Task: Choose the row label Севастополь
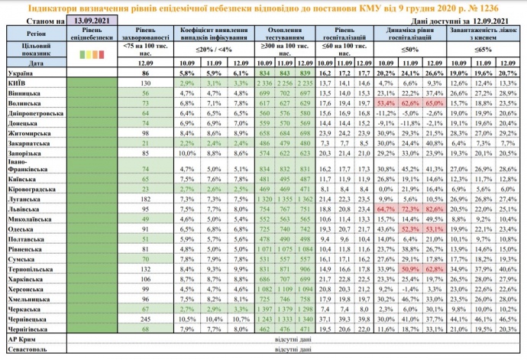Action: (x=27, y=349)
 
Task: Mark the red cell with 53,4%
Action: (x=385, y=102)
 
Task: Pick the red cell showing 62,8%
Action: (x=435, y=269)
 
